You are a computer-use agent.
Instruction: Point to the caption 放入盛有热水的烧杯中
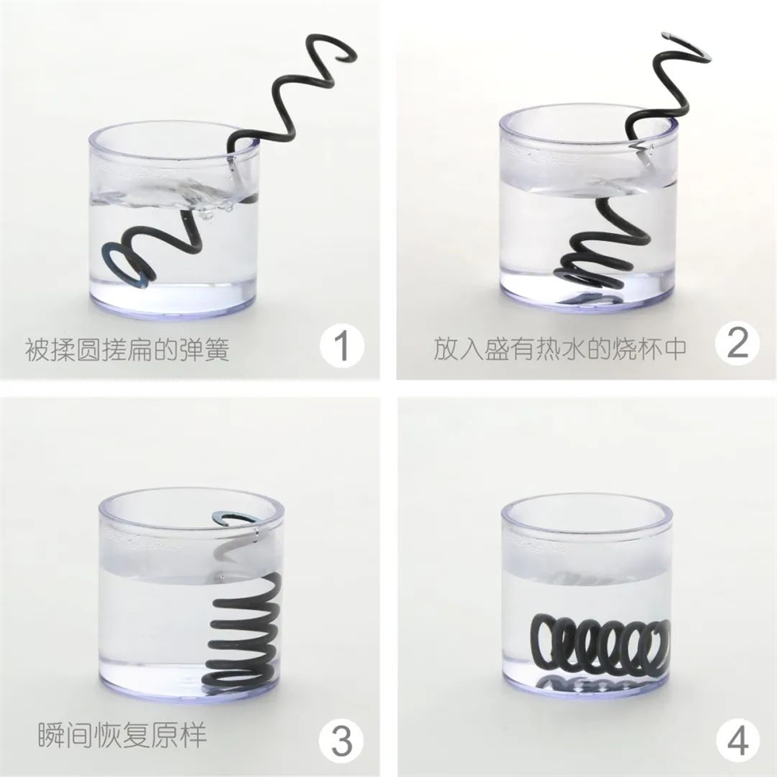coord(560,349)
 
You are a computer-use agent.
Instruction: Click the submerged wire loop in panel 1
coord(132,261)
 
